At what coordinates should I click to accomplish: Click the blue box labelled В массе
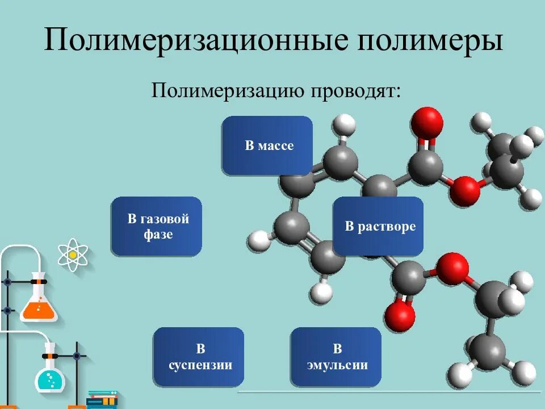pyautogui.click(x=267, y=145)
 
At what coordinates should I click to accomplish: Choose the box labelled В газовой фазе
pyautogui.click(x=157, y=226)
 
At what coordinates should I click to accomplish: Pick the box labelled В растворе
pyautogui.click(x=378, y=226)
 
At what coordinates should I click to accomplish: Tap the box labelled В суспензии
pyautogui.click(x=199, y=357)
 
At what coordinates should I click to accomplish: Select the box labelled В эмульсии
pyautogui.click(x=336, y=357)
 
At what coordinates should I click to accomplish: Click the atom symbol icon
pyautogui.click(x=73, y=254)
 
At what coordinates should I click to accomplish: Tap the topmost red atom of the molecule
pyautogui.click(x=426, y=122)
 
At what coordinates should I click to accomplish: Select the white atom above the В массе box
pyautogui.click(x=344, y=124)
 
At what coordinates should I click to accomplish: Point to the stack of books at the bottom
pyautogui.click(x=102, y=399)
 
